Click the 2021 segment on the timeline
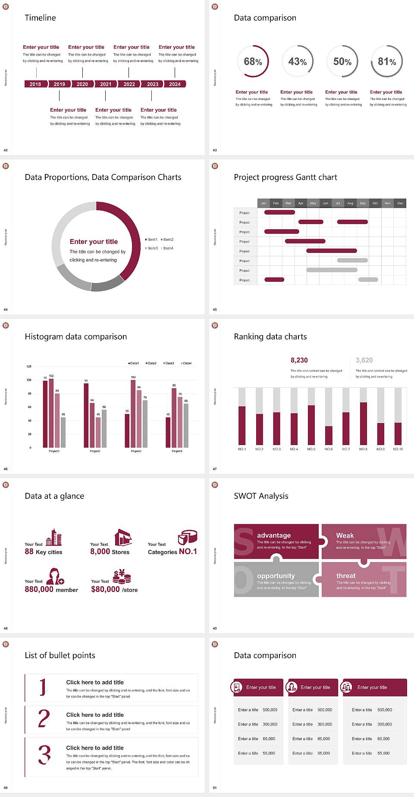106,84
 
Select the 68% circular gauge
253,61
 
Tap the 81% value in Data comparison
387,62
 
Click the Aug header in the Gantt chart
350,203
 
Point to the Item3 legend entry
152,248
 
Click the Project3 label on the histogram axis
136,451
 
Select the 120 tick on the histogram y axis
29,366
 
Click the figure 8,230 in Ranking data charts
299,360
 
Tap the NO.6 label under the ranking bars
329,449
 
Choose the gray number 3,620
364,360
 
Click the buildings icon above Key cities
54,537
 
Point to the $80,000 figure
105,589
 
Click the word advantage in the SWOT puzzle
274,535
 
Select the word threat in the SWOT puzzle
346,576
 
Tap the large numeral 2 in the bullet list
44,719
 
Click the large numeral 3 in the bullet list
44,755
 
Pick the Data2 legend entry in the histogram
151,363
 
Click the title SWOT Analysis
261,496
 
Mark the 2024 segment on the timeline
175,84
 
